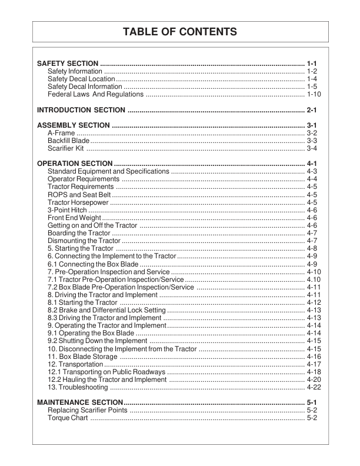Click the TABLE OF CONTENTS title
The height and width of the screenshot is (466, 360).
pos(179,31)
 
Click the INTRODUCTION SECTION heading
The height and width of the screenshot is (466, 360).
pos(81,110)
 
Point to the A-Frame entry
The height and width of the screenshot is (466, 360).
pos(61,134)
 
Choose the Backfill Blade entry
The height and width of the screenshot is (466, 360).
pos(68,141)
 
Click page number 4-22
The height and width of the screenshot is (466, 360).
pos(314,387)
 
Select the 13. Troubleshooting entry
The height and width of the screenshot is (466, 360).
pos(78,387)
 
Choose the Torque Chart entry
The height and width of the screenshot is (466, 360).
pos(68,418)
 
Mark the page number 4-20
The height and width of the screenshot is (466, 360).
pos(314,380)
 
